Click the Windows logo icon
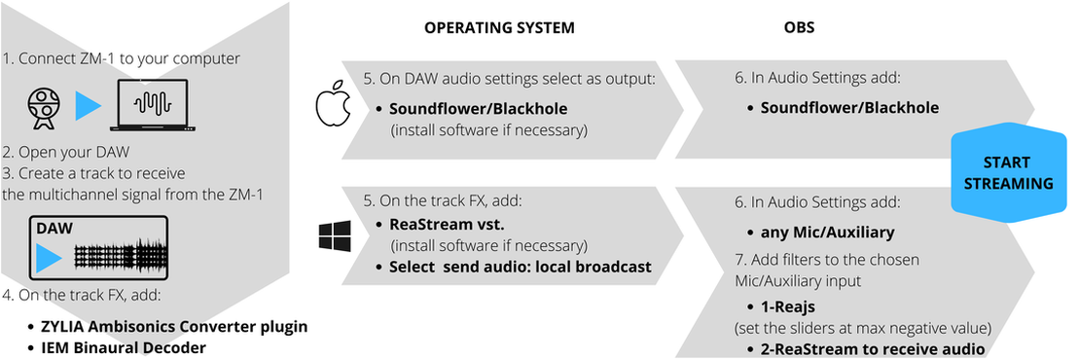(x=335, y=234)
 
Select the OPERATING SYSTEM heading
(x=499, y=28)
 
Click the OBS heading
(x=800, y=28)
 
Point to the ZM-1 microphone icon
(x=45, y=107)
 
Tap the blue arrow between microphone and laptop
(x=88, y=105)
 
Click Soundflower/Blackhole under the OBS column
(x=844, y=108)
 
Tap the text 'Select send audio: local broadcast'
(x=514, y=267)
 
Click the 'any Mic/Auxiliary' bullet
(x=821, y=232)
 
